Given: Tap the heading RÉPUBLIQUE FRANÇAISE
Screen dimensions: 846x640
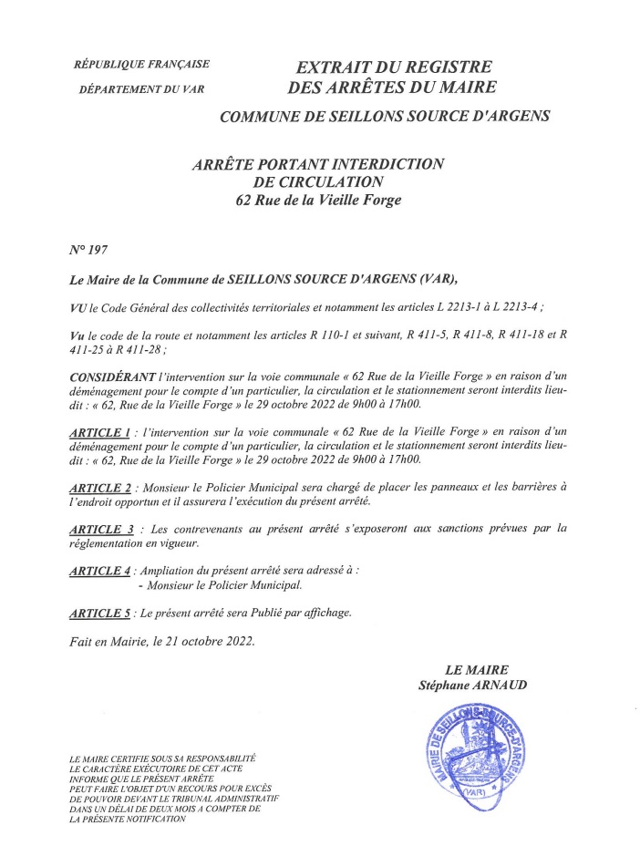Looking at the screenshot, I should (x=141, y=64).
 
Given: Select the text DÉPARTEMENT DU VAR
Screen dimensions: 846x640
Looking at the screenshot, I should (x=140, y=89).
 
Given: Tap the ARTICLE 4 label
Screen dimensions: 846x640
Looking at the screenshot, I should (x=99, y=571).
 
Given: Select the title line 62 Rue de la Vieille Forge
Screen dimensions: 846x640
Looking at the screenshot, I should (x=318, y=200).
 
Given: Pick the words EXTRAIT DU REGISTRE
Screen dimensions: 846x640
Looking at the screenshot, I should (x=394, y=67).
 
